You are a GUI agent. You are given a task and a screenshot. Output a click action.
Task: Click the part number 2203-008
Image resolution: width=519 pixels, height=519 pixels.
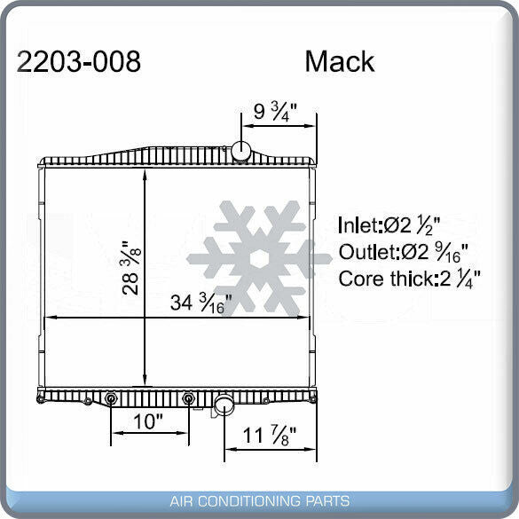point(79,62)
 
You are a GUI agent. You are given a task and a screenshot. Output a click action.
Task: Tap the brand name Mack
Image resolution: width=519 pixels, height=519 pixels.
point(339,62)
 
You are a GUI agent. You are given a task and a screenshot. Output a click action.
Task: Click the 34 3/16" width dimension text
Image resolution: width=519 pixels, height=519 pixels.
point(201,303)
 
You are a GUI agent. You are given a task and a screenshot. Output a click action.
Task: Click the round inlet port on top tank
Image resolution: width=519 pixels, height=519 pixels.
point(242,151)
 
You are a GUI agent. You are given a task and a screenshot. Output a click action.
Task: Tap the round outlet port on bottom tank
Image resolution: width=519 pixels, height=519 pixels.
point(224,405)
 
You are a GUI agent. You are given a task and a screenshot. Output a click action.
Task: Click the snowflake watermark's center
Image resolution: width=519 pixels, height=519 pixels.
point(259,258)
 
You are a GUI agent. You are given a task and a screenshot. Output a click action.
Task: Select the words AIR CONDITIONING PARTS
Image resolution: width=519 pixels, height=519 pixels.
point(259,500)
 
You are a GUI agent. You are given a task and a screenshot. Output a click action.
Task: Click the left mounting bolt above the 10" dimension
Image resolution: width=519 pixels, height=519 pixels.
point(111,399)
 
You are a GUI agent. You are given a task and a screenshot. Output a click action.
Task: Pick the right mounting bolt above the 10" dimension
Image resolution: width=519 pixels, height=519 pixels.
point(188,399)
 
